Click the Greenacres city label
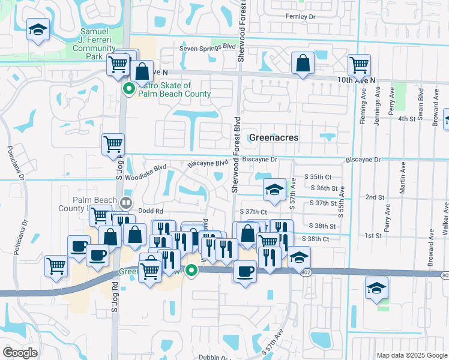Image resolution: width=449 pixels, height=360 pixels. point(274,137)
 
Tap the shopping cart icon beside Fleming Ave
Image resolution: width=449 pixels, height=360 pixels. point(359,64)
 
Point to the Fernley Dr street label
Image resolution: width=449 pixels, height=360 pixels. point(301,16)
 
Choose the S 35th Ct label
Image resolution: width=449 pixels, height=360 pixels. point(318,177)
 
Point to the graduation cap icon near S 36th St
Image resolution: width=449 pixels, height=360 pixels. point(274,189)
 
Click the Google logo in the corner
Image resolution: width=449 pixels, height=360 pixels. point(20,353)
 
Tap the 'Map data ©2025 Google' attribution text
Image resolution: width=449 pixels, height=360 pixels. point(412,355)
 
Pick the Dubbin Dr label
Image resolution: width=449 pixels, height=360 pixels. point(215,357)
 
